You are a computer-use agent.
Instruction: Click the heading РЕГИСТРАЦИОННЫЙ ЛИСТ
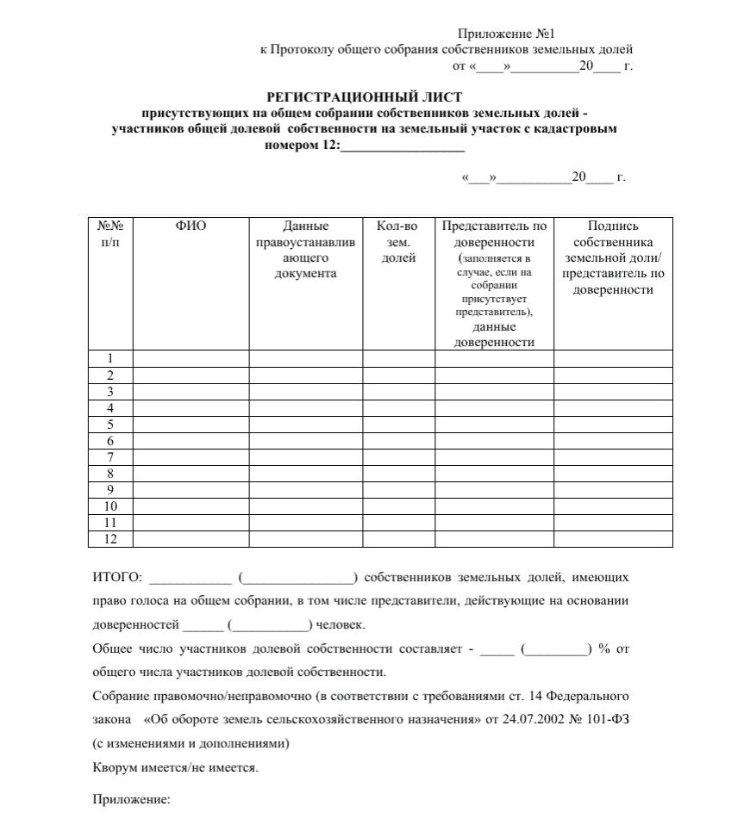[x=365, y=96]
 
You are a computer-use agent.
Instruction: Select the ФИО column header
[x=191, y=226]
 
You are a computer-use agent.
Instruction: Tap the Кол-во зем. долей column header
[x=397, y=241]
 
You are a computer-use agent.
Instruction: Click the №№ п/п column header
[x=110, y=233]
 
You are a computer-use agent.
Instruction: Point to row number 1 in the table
[x=110, y=358]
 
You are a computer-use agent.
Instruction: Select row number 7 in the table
[x=110, y=456]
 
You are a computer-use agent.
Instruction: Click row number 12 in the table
[x=110, y=539]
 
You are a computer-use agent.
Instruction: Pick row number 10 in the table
[x=110, y=506]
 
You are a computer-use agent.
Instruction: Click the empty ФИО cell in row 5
[x=191, y=425]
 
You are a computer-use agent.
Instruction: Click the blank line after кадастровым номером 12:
[x=403, y=146]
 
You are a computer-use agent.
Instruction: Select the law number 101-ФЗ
[x=614, y=718]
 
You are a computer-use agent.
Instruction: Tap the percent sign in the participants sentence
[x=603, y=648]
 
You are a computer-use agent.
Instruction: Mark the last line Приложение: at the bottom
[x=131, y=799]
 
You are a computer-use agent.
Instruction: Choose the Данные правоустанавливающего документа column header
[x=305, y=250]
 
